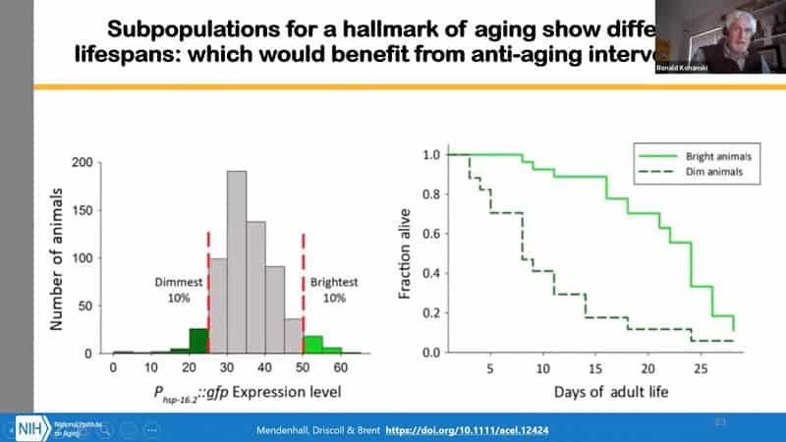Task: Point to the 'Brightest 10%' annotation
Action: coord(337,289)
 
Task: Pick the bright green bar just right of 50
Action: coord(313,344)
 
